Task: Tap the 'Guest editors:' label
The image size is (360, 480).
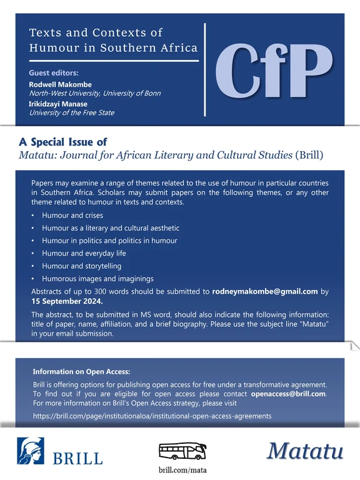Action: point(55,73)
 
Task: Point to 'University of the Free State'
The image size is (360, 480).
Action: point(72,113)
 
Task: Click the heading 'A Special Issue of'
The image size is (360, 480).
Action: point(63,142)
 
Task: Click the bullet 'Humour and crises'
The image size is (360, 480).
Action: point(72,216)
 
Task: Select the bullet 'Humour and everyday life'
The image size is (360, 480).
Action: point(84,253)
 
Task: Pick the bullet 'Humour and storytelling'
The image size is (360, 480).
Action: point(81,266)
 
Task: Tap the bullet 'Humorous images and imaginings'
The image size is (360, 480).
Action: point(97,279)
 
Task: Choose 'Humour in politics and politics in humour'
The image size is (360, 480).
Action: point(109,241)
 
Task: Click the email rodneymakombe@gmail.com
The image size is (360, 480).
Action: point(266,291)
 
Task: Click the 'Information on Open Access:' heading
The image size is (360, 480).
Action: point(81,371)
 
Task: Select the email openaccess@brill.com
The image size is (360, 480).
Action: point(288,394)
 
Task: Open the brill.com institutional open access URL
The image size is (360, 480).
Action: point(152,416)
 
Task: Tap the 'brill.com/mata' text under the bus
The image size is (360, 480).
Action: point(179,469)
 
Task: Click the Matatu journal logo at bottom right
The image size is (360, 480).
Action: point(306,451)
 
